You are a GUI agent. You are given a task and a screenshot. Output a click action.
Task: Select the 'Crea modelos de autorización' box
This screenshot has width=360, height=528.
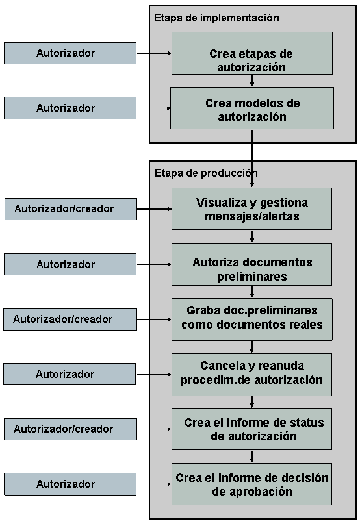pos(251,108)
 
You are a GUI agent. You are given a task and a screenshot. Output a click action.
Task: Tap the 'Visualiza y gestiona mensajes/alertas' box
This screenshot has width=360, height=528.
pos(251,208)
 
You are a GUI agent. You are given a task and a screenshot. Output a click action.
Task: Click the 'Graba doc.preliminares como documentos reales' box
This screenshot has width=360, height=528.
pos(251,320)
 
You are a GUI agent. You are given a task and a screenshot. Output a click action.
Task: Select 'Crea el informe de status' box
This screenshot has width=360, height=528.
pos(251,429)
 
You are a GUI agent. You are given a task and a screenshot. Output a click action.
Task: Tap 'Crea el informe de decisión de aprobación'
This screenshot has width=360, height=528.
pos(251,484)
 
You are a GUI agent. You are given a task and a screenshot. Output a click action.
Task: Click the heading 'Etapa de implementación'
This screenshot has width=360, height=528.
pos(216,18)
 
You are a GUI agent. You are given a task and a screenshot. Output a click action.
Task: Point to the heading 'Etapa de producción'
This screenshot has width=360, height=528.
pos(206,173)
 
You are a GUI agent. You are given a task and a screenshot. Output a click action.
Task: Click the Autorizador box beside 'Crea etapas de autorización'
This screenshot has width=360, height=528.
pos(70,53)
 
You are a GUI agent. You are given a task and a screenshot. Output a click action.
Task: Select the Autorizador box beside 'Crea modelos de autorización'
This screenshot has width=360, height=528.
pos(70,108)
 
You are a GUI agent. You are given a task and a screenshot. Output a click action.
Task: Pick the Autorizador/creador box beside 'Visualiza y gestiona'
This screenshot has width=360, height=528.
pos(70,209)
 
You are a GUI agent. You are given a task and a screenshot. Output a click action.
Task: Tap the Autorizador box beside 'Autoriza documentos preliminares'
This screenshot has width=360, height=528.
pos(70,264)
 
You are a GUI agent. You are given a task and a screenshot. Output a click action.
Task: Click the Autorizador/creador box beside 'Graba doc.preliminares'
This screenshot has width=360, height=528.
pos(70,320)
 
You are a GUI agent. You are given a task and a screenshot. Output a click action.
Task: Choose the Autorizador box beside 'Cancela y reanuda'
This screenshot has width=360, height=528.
pos(70,375)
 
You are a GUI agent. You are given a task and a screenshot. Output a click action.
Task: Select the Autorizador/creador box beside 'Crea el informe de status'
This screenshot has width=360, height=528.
pos(70,429)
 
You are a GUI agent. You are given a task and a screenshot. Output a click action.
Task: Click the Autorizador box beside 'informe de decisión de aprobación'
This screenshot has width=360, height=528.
pos(70,484)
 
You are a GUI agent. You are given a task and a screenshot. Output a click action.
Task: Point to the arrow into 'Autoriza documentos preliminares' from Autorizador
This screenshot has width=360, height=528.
pos(154,264)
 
